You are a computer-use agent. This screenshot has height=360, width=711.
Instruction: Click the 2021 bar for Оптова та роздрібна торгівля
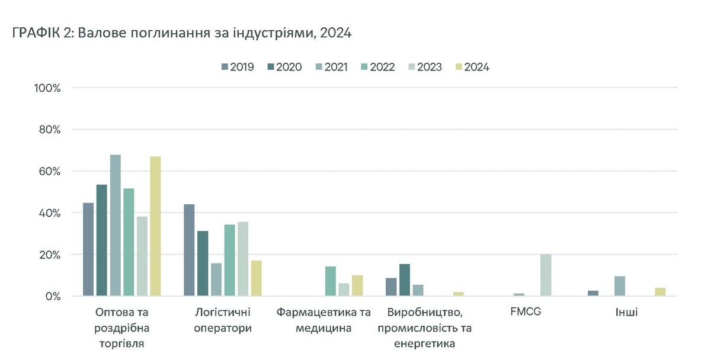coord(115,225)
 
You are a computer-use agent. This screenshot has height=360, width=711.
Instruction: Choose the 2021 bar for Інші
coord(620,286)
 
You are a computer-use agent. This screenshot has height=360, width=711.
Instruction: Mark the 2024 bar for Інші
coord(661,292)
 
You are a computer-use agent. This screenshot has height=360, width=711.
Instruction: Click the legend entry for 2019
coord(237,67)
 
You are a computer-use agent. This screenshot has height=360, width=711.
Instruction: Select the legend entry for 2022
coord(377,67)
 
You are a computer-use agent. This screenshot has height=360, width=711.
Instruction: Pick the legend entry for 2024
coord(472,67)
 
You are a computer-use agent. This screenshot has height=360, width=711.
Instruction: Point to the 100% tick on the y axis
coord(48,88)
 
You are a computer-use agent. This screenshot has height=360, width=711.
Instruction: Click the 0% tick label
coord(52,296)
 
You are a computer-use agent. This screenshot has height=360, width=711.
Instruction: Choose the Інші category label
coord(626,311)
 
